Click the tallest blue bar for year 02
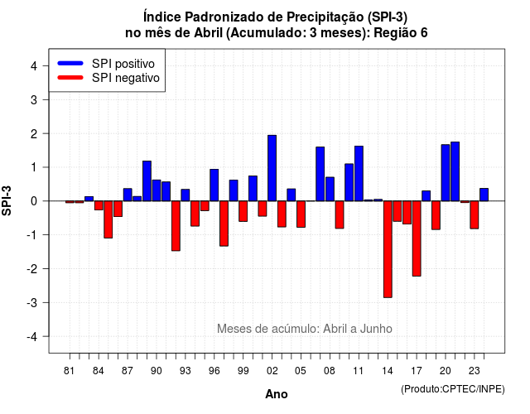[272, 168]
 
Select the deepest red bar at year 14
[388, 249]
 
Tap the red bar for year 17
[417, 238]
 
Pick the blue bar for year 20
[446, 173]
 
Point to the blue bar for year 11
[359, 173]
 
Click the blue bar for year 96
[214, 185]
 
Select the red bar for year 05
[301, 214]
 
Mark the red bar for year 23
[475, 215]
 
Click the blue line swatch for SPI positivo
[70, 63]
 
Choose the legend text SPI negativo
[126, 78]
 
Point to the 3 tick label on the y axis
[34, 99]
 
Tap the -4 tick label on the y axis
[31, 337]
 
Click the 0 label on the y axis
[34, 201]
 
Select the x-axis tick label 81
[69, 371]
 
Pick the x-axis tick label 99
[243, 371]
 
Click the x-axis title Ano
[277, 394]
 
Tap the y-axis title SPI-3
[7, 200]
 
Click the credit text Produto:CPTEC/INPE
[453, 389]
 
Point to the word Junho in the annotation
[376, 329]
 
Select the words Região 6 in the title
[401, 33]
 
